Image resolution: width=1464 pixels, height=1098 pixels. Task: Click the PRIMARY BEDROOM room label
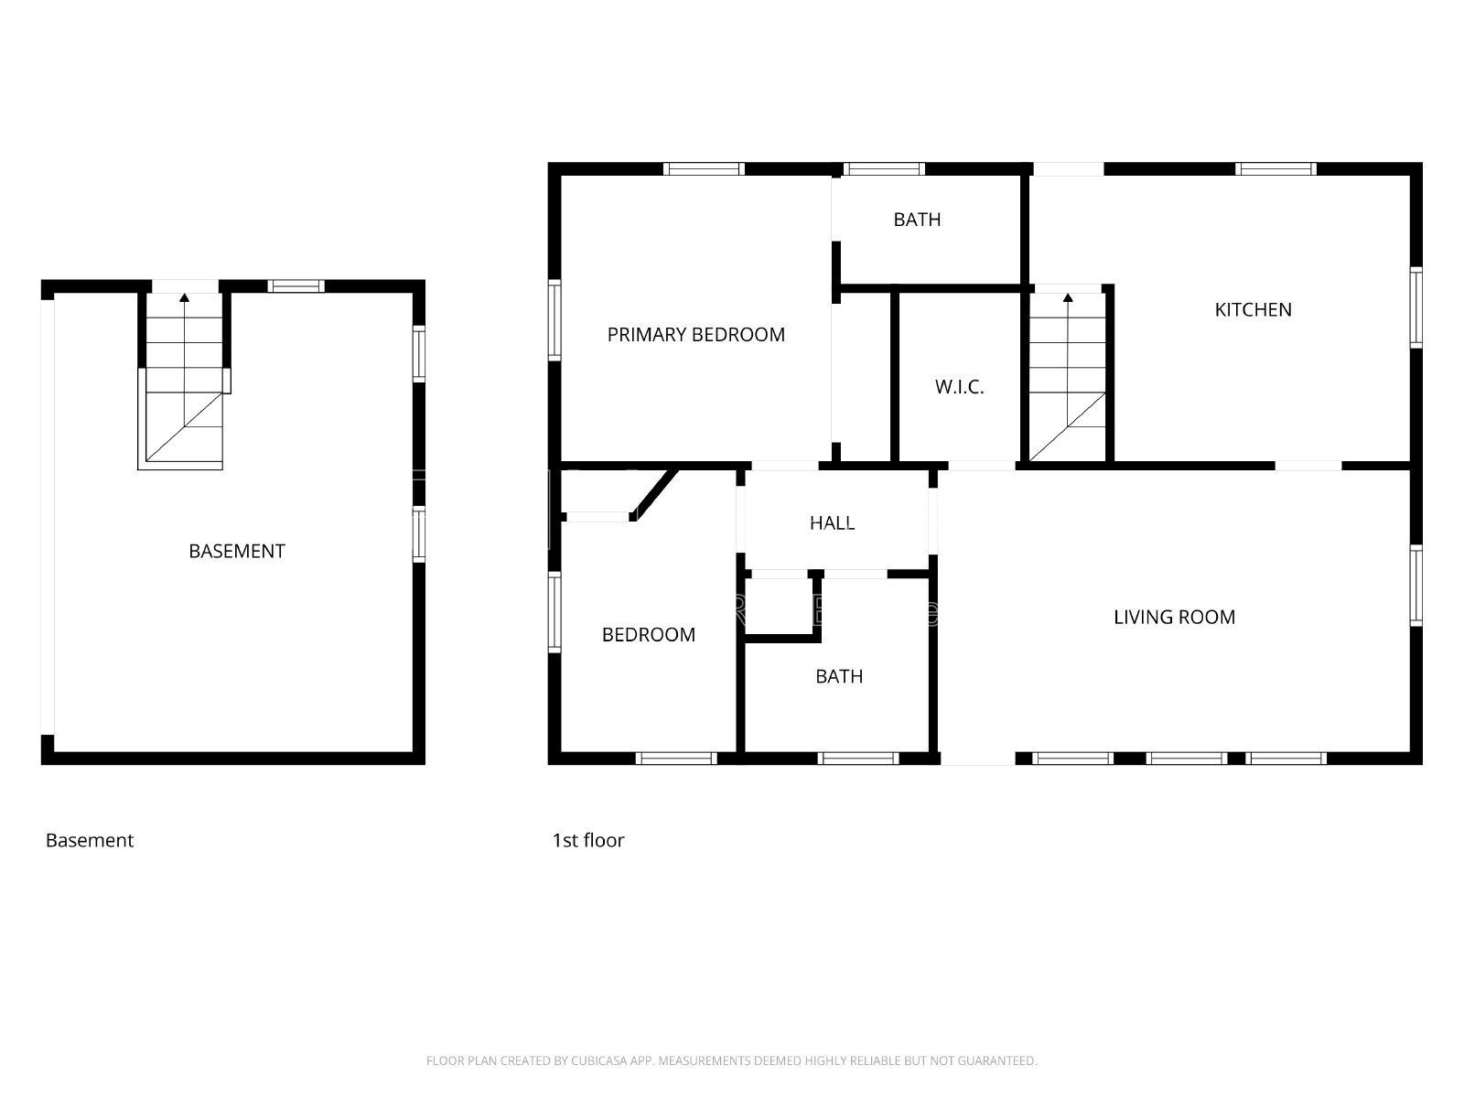click(695, 335)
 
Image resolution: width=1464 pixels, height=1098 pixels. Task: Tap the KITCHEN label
click(1254, 309)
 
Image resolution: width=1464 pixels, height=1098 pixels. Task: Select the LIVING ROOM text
click(1175, 618)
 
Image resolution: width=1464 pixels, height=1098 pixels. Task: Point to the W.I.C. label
click(959, 387)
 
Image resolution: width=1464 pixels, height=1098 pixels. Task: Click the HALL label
click(833, 523)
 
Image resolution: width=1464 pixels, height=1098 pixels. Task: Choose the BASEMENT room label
click(237, 552)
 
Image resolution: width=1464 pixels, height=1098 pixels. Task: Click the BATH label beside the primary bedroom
click(917, 220)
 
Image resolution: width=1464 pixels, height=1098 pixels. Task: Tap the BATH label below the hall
click(839, 677)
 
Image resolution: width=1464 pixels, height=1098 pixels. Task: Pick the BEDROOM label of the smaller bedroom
click(649, 635)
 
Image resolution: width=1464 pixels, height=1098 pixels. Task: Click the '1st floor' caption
click(588, 841)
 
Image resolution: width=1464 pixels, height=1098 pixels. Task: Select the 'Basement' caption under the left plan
click(90, 841)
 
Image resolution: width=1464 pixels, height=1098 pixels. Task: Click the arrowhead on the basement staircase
click(184, 297)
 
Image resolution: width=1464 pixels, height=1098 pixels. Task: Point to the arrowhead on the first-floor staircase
click(1068, 297)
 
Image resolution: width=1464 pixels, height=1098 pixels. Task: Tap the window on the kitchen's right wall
click(1416, 307)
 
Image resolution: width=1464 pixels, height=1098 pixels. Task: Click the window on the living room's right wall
click(1416, 586)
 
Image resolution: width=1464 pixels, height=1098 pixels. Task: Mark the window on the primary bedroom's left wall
click(554, 320)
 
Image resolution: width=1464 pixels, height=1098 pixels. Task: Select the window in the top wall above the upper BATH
click(884, 168)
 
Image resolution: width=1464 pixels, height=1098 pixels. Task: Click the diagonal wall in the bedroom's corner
click(653, 495)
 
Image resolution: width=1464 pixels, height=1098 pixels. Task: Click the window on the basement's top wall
click(296, 286)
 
